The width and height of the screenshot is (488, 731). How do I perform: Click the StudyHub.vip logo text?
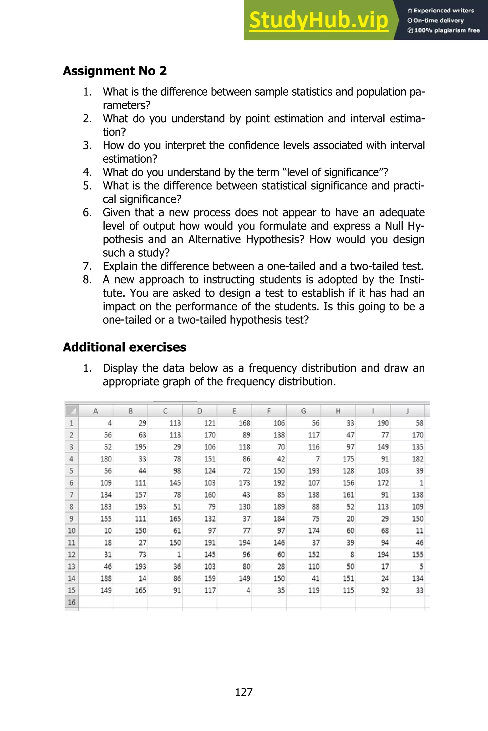(318, 21)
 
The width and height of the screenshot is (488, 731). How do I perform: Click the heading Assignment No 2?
(115, 71)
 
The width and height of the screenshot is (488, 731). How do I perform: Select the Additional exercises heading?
(124, 347)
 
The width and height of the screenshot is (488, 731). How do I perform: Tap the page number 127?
(244, 692)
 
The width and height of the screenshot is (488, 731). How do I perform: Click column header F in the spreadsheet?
(269, 411)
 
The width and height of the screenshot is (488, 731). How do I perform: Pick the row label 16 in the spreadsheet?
(71, 602)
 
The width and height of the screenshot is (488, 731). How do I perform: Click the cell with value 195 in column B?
(140, 447)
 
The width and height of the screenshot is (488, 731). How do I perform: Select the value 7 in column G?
(317, 459)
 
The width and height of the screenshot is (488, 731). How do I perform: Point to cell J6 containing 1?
(421, 483)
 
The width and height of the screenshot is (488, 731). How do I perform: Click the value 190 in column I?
(383, 423)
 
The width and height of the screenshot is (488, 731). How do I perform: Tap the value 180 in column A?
(106, 459)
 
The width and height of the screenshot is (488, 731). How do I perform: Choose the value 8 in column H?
(352, 555)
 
